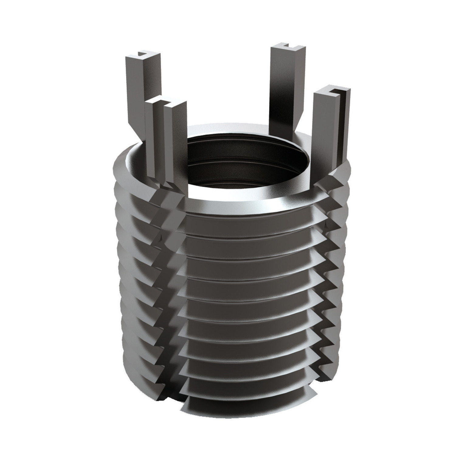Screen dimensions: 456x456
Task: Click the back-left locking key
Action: [142, 91]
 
